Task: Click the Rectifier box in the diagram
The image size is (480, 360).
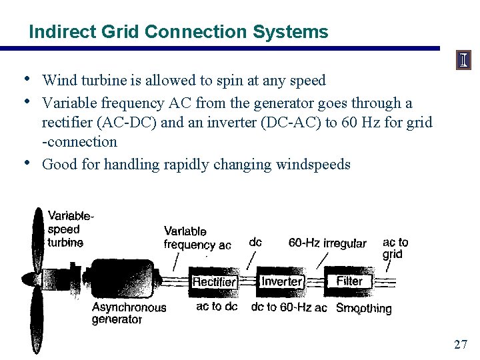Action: [214, 282]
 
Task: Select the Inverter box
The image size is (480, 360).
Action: [281, 281]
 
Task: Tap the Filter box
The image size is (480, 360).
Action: [349, 281]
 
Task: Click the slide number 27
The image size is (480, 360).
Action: [460, 344]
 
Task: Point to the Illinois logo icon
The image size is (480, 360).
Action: [463, 61]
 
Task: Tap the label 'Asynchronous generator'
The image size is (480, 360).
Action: [128, 313]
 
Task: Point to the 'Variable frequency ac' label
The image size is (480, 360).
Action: [197, 238]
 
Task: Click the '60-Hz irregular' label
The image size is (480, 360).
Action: [327, 243]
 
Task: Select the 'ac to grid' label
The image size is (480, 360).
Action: [395, 248]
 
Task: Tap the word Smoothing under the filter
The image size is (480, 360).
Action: [363, 308]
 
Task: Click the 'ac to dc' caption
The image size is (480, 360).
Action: [217, 307]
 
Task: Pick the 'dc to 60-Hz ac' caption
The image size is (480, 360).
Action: [289, 307]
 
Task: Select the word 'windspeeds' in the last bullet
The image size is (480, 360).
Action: [313, 164]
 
